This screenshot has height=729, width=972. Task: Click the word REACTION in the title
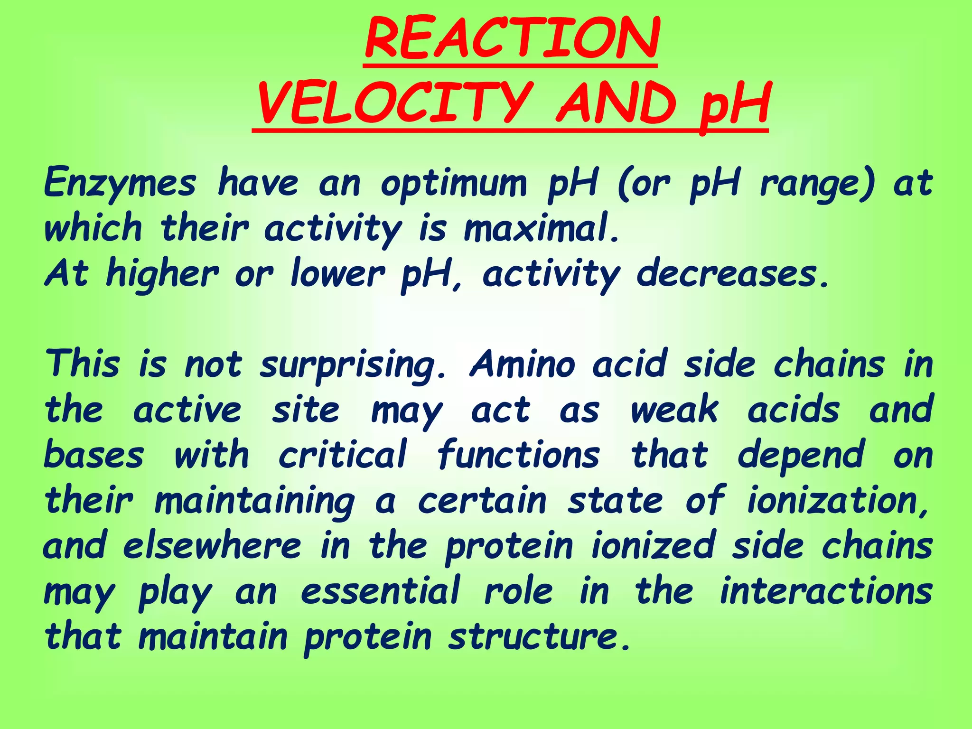click(x=512, y=39)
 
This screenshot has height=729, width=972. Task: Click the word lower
click(x=337, y=274)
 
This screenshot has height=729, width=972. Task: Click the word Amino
click(x=523, y=364)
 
